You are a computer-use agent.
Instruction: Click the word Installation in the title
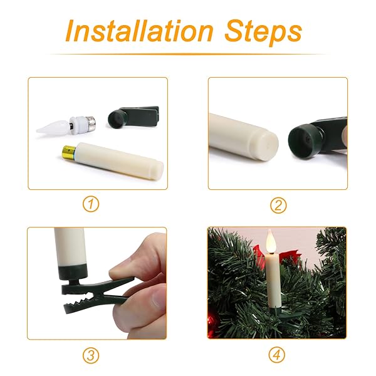coord(140,31)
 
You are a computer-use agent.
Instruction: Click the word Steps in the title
coord(263,33)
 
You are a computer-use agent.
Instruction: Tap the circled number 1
coord(91,204)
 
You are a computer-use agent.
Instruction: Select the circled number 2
coord(278,206)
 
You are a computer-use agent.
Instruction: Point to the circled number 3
coord(91,355)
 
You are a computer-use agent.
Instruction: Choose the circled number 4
coord(277,355)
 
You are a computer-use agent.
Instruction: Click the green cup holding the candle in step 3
coord(72,272)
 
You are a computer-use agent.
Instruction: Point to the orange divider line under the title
coord(188,54)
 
